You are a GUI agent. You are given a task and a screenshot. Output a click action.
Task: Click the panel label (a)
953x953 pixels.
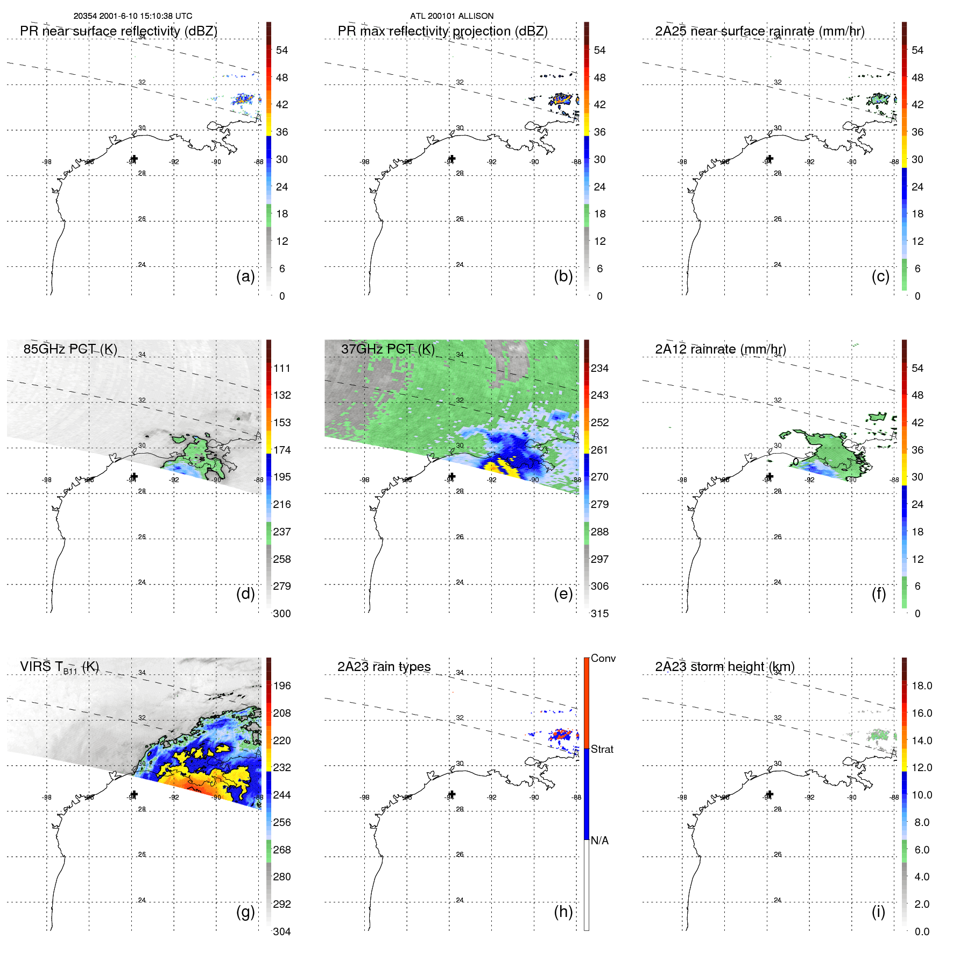click(x=245, y=277)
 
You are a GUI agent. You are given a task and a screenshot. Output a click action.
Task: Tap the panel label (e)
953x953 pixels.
click(x=563, y=594)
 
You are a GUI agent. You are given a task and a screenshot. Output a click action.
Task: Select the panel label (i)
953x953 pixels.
click(x=878, y=912)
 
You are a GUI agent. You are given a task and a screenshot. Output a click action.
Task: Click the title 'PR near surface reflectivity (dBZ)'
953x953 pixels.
click(x=118, y=31)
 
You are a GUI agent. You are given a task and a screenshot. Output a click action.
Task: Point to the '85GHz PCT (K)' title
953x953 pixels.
click(x=70, y=349)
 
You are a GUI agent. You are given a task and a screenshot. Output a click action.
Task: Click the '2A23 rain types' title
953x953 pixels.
click(x=384, y=667)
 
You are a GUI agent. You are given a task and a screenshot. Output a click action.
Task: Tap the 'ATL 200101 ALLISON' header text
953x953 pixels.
click(x=451, y=16)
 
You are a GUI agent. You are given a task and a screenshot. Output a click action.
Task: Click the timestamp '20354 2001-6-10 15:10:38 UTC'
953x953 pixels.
click(x=133, y=16)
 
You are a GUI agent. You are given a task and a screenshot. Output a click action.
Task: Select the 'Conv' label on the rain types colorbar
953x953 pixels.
click(x=603, y=659)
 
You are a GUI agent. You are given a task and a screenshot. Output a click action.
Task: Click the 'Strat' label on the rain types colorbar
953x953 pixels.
click(x=602, y=750)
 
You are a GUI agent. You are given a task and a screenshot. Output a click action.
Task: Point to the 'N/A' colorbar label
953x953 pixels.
click(x=599, y=841)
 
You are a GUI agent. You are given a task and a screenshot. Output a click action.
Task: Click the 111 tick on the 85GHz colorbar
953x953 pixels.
click(x=281, y=369)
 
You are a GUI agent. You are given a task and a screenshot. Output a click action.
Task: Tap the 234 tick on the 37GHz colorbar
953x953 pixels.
click(x=599, y=369)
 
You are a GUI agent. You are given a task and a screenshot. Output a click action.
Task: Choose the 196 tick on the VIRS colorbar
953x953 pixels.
click(x=281, y=686)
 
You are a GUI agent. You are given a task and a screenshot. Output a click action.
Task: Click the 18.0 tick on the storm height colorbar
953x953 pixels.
click(x=921, y=686)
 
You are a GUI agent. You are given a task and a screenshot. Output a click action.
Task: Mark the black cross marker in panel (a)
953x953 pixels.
click(x=134, y=159)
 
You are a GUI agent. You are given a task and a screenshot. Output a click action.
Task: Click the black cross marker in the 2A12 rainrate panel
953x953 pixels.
click(x=770, y=477)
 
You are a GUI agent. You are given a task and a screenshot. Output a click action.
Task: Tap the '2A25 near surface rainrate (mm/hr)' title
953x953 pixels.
click(x=759, y=31)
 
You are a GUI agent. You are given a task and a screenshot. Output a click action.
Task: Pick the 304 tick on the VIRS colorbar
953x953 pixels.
click(x=281, y=931)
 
